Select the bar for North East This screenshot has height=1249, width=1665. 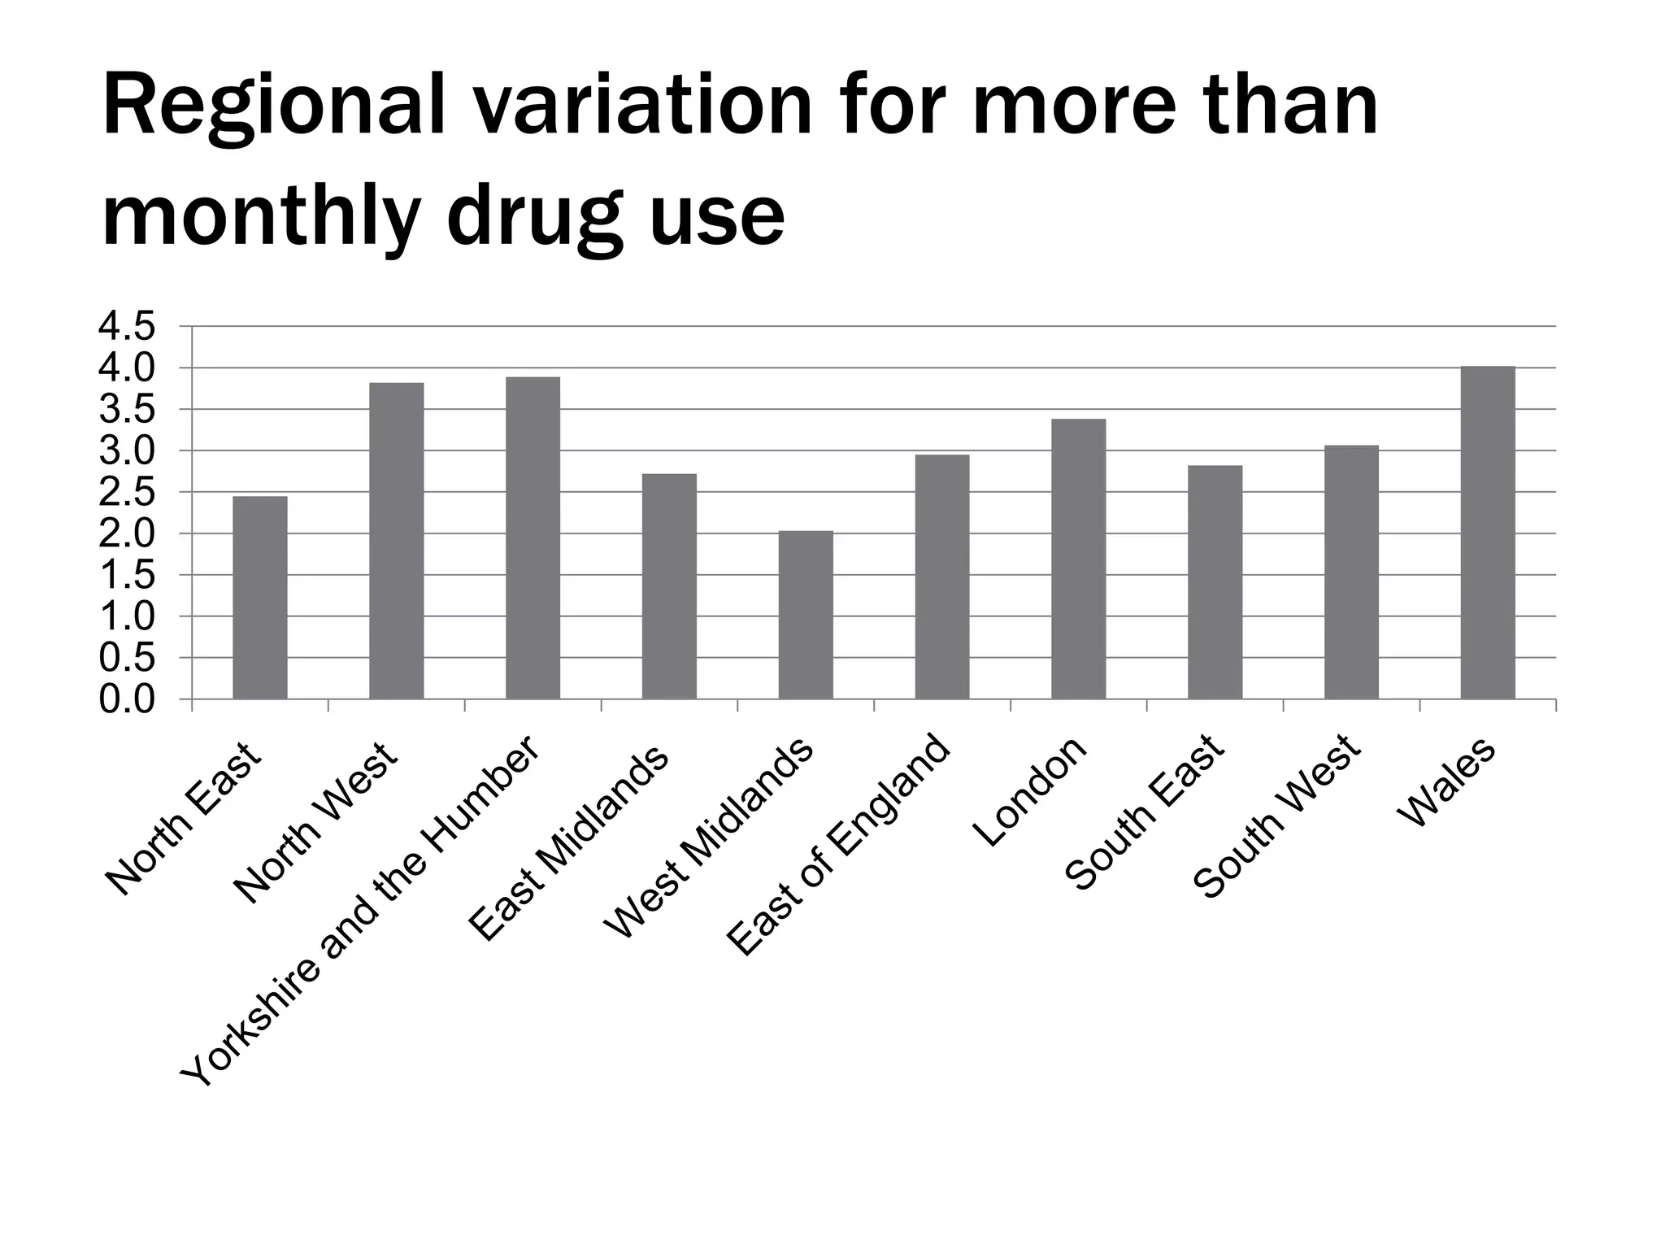[x=260, y=598]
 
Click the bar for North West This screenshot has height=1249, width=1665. [x=397, y=541]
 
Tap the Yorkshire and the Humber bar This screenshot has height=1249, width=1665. [x=533, y=537]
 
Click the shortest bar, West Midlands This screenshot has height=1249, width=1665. [x=806, y=615]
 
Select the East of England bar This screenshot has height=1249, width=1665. [x=942, y=577]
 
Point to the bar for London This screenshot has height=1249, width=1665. [x=1079, y=559]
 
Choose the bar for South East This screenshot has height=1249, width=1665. [x=1215, y=582]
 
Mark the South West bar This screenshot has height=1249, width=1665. [x=1351, y=572]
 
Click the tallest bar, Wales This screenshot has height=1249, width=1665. [x=1488, y=533]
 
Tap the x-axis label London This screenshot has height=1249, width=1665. [x=1030, y=791]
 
